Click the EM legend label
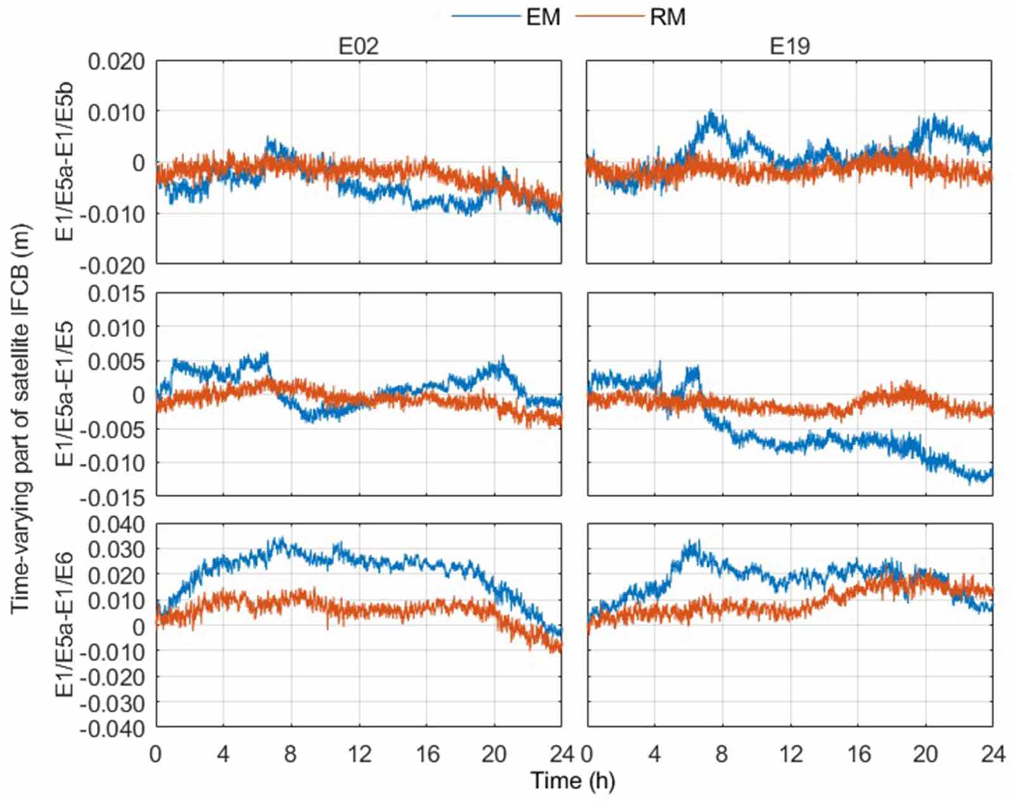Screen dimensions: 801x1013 point(543,16)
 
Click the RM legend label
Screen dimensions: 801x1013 point(667,16)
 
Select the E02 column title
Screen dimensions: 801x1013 point(358,46)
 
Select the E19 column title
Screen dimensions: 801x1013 point(789,46)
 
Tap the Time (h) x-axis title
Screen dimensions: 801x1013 point(572,781)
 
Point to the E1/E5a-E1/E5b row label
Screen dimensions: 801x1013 point(65,163)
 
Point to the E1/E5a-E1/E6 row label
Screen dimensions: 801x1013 point(65,625)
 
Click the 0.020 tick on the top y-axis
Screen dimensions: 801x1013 point(116,62)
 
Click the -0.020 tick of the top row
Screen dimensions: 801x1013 point(113,266)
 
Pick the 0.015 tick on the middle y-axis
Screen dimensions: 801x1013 point(116,294)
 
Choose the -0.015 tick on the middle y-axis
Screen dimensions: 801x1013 point(113,498)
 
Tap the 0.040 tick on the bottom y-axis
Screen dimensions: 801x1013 point(116,525)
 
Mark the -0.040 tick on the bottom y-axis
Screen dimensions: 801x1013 point(113,729)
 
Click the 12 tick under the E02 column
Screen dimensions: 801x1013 point(359,754)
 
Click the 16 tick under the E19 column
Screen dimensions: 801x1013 point(857,754)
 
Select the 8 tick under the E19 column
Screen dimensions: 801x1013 point(722,754)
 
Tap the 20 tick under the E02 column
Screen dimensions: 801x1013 point(494,754)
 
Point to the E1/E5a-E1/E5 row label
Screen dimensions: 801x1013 point(65,394)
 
